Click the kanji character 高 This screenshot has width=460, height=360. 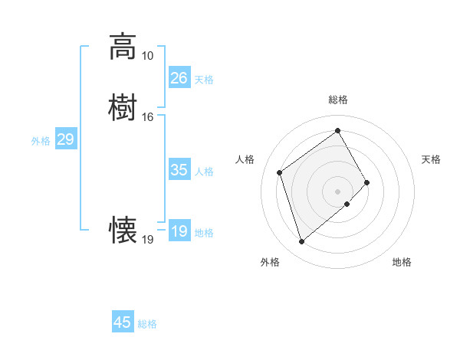click(123, 47)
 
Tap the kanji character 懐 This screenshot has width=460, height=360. click(123, 231)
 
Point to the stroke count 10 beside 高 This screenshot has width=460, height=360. click(147, 56)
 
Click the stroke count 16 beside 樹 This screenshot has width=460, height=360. click(147, 117)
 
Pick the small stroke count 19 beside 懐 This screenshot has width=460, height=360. click(147, 240)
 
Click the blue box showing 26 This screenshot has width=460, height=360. click(179, 78)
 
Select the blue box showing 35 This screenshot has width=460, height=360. click(179, 170)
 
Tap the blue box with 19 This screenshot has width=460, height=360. click(179, 231)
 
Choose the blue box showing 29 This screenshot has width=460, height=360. click(65, 139)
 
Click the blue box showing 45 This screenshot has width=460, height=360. click(122, 322)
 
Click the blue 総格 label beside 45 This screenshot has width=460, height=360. click(147, 324)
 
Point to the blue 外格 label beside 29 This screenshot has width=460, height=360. click(41, 141)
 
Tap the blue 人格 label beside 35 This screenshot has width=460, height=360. click(205, 172)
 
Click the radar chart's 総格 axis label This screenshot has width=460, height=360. click(337, 100)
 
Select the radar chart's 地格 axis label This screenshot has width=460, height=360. click(402, 263)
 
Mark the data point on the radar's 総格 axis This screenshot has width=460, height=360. click(337, 130)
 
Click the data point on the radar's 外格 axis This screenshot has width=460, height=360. click(302, 242)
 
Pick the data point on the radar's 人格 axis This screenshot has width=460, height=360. click(280, 172)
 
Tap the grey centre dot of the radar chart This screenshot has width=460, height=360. click(337, 191)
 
